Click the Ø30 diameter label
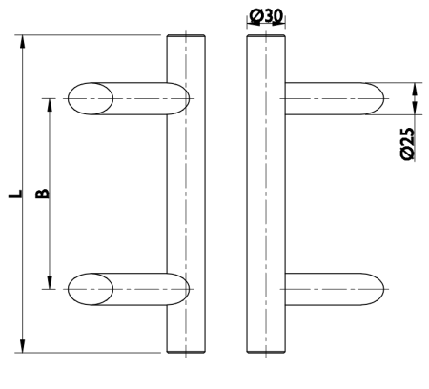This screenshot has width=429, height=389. point(268,15)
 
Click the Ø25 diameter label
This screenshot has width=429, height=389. point(407,142)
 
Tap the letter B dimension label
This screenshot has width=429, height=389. point(41,194)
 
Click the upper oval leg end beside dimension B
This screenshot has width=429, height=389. point(92,97)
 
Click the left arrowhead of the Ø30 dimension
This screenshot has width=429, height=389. point(249,27)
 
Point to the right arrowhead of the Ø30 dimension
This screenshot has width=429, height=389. point(283,27)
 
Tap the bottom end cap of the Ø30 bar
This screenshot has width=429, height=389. point(265,352)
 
